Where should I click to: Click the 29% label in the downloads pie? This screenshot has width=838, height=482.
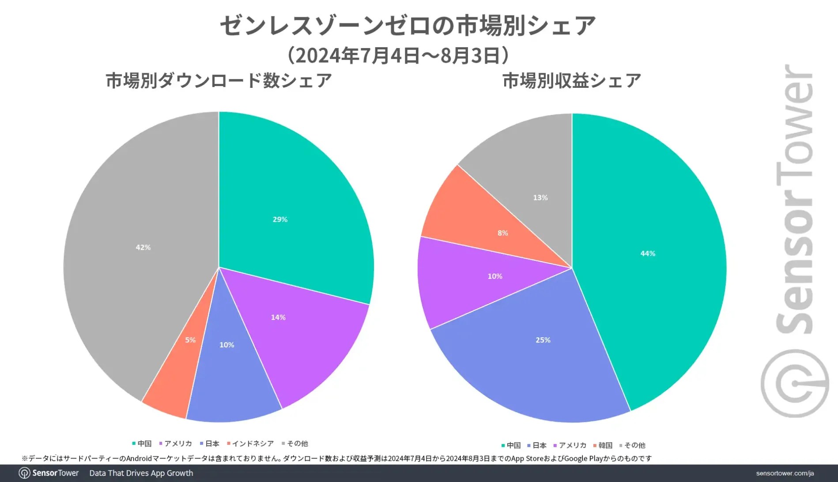pos(280,219)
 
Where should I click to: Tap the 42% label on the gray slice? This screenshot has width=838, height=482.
pos(143,248)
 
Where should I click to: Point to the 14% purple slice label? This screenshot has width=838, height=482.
pos(278,317)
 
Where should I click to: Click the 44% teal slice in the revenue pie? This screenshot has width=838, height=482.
pos(648,253)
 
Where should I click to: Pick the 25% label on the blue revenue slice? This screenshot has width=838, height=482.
pos(543,340)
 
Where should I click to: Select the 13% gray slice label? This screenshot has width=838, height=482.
pos(540,198)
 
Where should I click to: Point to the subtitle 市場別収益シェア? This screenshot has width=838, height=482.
pos(572,81)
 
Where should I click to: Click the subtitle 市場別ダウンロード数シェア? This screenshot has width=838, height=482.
pos(219,81)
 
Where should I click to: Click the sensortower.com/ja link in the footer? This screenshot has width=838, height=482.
pos(785,473)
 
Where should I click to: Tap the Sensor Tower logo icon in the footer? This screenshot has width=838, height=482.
pos(25,473)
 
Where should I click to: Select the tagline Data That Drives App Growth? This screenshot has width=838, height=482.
pos(141,473)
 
